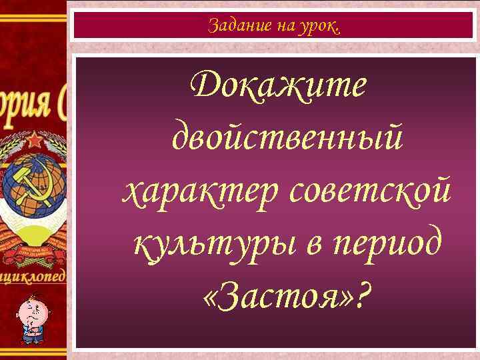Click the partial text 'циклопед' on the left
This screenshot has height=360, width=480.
click(33, 275)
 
